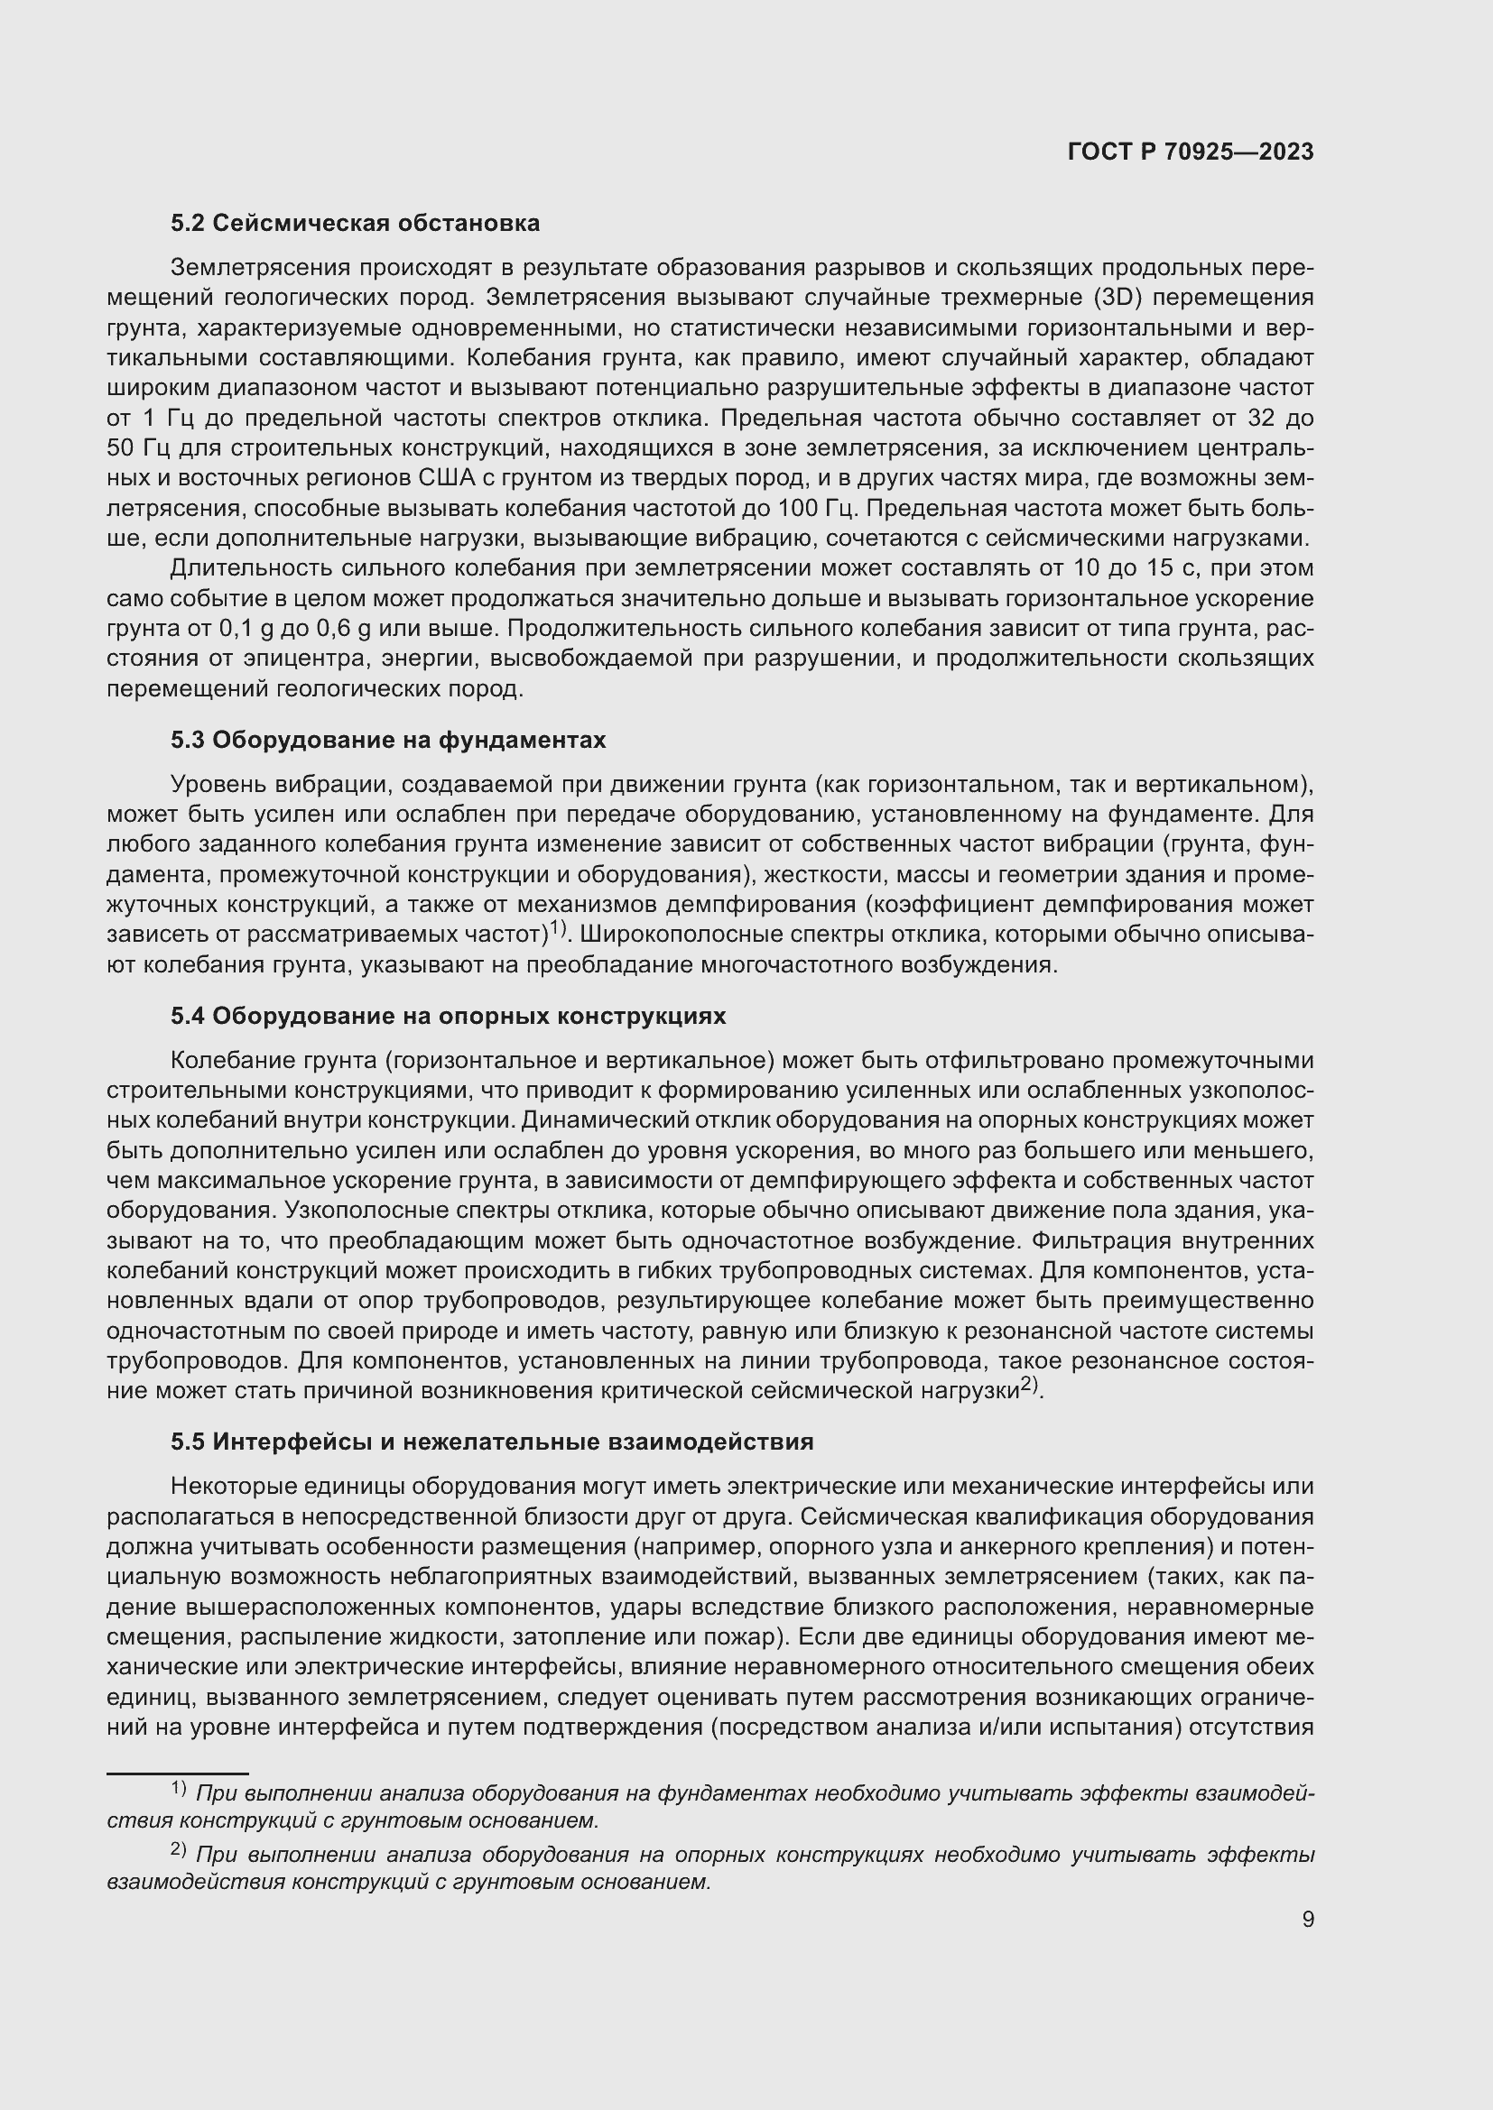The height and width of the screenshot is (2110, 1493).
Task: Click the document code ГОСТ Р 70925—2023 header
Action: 1191,152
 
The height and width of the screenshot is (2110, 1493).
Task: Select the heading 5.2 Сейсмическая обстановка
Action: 355,224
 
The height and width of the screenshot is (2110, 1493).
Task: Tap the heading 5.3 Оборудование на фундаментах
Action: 388,740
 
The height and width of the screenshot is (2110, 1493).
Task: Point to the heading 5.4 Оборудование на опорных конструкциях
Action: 448,1016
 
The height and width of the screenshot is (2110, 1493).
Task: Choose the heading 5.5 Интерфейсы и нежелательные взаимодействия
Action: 492,1441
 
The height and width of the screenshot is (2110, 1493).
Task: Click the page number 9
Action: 1308,1919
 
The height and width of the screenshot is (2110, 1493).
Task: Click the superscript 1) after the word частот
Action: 557,931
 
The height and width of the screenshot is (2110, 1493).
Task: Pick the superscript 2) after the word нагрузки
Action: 1030,1386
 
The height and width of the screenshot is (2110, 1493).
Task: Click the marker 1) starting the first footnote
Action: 179,1788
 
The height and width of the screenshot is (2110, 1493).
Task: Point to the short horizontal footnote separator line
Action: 178,1773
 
